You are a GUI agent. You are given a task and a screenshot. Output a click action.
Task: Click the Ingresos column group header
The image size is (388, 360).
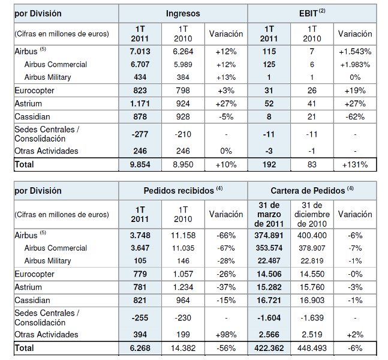click(183, 13)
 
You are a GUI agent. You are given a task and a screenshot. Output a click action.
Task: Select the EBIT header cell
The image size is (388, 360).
click(312, 13)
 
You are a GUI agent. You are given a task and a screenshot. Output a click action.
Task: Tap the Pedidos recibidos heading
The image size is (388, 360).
click(183, 190)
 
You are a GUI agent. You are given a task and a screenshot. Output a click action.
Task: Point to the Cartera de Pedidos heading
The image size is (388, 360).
click(312, 190)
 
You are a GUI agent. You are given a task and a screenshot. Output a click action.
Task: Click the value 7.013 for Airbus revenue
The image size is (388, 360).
click(140, 52)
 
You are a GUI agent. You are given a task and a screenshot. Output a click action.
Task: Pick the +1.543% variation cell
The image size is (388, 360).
click(355, 52)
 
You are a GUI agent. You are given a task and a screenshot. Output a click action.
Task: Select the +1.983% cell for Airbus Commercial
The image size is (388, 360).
click(355, 65)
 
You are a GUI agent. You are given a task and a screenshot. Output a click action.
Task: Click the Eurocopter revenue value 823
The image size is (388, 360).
click(140, 91)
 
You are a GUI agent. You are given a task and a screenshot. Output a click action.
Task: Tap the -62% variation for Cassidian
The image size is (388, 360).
click(355, 116)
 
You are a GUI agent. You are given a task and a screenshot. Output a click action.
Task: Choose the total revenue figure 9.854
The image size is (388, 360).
click(140, 164)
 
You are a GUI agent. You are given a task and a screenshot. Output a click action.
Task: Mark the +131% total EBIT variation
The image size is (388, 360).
click(355, 164)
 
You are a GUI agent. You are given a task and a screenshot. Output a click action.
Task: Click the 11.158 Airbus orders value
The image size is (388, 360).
click(183, 235)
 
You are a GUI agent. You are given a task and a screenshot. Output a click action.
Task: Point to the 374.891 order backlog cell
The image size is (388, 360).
click(269, 235)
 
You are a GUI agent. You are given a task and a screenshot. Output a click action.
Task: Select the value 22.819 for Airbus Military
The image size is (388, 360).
click(312, 261)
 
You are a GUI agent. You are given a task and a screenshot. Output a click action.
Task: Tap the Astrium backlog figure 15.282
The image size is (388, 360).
click(269, 287)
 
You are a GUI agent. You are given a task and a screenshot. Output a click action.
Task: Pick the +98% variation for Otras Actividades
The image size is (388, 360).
click(226, 335)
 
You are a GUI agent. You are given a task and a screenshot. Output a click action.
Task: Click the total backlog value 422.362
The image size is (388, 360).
click(269, 348)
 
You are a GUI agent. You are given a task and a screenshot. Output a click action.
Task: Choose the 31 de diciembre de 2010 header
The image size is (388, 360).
click(312, 214)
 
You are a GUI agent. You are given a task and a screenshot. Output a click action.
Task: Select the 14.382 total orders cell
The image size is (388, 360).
click(183, 348)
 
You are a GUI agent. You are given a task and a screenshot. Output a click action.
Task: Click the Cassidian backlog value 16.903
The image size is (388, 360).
click(312, 301)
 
